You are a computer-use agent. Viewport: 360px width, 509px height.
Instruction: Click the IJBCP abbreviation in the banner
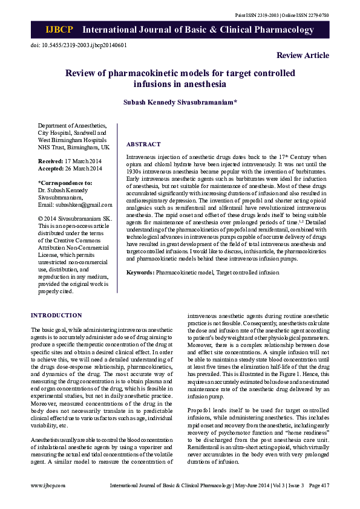point(59,30)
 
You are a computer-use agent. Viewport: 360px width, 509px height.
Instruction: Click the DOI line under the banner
point(79,45)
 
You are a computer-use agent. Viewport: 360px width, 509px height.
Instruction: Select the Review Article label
point(303,56)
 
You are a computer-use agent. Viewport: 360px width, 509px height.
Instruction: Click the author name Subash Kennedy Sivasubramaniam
point(180,103)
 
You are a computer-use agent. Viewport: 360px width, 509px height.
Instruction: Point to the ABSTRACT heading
point(143,144)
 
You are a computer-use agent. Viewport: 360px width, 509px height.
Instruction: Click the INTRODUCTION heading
point(56,316)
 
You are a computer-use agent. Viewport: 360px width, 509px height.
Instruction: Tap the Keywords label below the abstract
point(140,273)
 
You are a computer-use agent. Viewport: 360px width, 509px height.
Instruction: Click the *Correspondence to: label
point(65,183)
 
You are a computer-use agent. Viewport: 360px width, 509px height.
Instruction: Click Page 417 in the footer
point(318,485)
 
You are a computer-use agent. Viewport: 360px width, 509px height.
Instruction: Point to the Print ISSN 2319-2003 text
point(256,15)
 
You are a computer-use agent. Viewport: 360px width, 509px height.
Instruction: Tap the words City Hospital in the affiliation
point(54,132)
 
